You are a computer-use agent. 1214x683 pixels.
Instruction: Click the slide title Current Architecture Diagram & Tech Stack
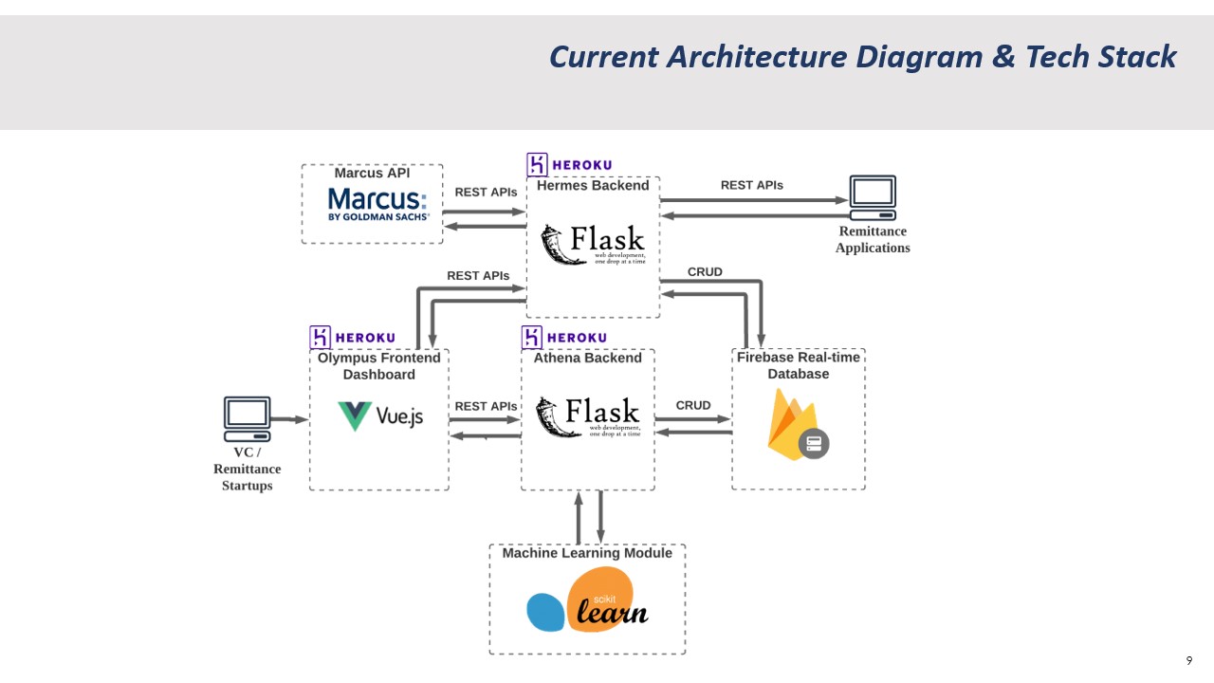point(862,57)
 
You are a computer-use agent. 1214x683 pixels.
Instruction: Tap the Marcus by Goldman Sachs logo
point(377,204)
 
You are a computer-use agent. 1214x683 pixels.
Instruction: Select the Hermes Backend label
point(593,186)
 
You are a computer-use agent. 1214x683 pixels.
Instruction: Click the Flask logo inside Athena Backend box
point(587,417)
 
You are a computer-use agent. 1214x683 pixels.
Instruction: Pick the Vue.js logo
point(380,416)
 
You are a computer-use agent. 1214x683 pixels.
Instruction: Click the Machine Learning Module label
point(587,553)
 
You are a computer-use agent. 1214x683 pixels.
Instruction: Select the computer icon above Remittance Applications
point(872,196)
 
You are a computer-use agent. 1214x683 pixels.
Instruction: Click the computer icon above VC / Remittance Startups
point(247,418)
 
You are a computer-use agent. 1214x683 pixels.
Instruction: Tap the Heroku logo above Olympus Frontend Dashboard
point(353,338)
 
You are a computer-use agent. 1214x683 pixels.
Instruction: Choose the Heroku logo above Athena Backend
point(564,338)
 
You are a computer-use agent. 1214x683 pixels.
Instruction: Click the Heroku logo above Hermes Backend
point(570,164)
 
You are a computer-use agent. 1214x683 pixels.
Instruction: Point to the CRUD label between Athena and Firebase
point(692,405)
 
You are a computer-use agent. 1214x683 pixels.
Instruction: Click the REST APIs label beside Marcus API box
point(486,192)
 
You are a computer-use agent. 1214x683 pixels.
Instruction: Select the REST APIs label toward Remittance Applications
point(751,185)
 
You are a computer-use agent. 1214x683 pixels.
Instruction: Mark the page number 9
point(1189,660)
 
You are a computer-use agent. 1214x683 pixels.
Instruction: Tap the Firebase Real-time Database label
point(799,365)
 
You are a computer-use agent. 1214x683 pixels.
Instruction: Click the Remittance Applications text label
point(873,239)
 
